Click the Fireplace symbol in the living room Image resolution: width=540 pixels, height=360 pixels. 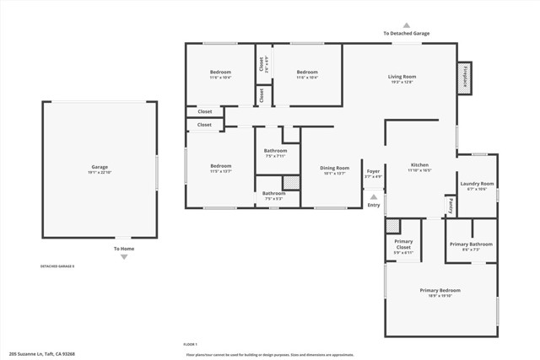[x=464, y=76]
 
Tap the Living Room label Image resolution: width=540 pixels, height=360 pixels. [x=402, y=77]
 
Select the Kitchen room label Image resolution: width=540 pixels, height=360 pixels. [x=419, y=165]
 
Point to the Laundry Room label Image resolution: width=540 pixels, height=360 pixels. [x=477, y=184]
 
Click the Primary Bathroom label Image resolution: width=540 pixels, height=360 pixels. [x=471, y=244]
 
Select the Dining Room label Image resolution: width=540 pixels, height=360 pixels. [x=334, y=169]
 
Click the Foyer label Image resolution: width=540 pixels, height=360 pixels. [x=373, y=172]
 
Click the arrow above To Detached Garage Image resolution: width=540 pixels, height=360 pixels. [x=406, y=25]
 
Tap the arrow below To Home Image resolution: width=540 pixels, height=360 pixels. [x=124, y=257]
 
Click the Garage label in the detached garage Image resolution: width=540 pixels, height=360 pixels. [x=100, y=167]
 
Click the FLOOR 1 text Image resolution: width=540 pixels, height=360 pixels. [x=190, y=344]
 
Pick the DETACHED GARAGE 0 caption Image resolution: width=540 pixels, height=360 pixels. [x=57, y=266]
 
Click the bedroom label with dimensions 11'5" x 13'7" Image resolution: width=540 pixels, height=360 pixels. [x=220, y=166]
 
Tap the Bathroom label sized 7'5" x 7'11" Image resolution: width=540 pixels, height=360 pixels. [x=276, y=151]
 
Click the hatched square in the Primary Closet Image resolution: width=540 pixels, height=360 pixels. [x=392, y=226]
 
